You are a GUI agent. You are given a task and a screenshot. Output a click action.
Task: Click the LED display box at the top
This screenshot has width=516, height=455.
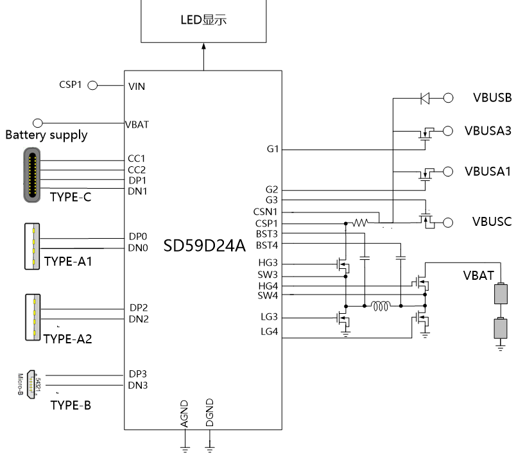(x=204, y=21)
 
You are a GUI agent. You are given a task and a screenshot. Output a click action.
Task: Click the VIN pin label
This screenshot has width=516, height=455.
(x=137, y=86)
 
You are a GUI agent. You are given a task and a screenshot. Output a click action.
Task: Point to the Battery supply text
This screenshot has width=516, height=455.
(x=46, y=135)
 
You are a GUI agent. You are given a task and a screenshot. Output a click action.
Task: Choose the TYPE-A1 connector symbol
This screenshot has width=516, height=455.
(x=30, y=246)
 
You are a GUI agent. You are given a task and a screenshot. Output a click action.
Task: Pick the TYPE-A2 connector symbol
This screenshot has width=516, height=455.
(x=31, y=316)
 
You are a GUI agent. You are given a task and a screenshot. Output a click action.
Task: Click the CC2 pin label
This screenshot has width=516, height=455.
(x=137, y=170)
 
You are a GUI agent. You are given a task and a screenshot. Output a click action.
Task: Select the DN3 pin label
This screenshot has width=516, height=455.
(x=139, y=385)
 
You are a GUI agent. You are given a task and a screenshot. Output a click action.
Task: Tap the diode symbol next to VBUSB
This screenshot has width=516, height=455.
(x=425, y=98)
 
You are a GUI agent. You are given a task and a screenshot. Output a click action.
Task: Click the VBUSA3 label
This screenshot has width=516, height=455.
(x=488, y=131)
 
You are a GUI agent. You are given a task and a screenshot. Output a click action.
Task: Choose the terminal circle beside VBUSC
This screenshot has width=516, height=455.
(x=448, y=222)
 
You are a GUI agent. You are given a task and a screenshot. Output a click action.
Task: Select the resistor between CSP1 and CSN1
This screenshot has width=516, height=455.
(x=360, y=223)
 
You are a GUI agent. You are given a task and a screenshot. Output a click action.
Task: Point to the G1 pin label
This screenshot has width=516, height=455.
(x=272, y=150)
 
